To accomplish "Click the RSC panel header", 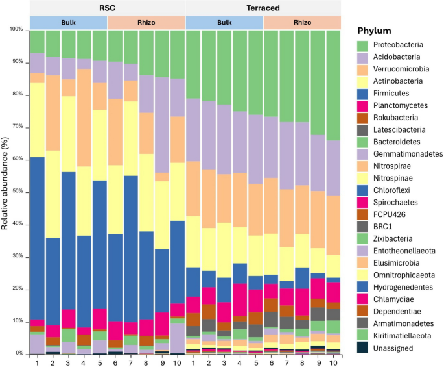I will tap(108, 8).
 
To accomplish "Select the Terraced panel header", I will tap(263, 8).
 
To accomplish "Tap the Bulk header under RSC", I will tap(69, 22).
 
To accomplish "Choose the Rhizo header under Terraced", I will tap(302, 22).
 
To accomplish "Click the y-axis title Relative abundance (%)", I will tap(5, 192).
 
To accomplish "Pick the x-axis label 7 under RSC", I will tap(131, 361).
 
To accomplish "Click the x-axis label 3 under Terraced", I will tap(224, 361).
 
